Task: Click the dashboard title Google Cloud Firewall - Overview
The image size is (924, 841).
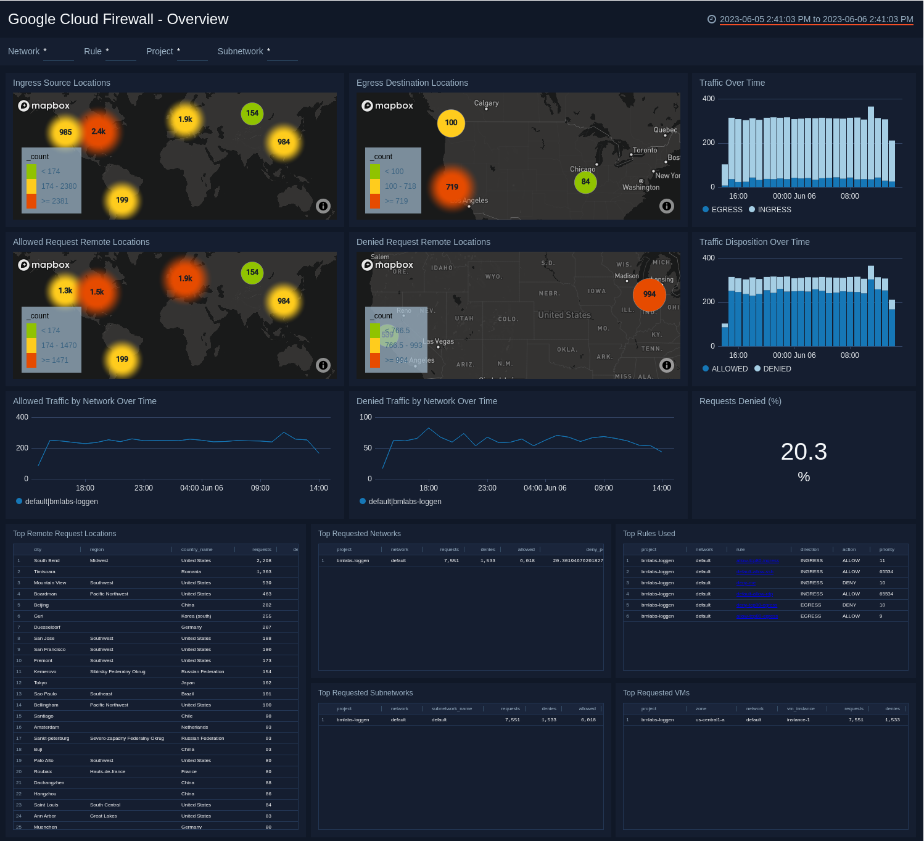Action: (x=118, y=19)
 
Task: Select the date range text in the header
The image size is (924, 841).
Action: (x=816, y=19)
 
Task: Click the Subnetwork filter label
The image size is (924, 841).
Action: (x=240, y=51)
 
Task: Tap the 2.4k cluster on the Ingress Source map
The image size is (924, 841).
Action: (x=99, y=131)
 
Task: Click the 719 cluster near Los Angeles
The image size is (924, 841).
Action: (x=452, y=187)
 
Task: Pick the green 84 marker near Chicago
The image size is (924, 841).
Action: (x=585, y=181)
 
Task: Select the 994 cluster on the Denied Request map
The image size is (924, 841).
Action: (x=650, y=294)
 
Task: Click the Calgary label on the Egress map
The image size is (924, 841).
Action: (x=486, y=103)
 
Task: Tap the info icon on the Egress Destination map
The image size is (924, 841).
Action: (x=666, y=206)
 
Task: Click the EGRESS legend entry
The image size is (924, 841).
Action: (x=726, y=210)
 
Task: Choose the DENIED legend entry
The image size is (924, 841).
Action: (x=776, y=369)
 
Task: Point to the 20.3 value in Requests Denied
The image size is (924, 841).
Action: (x=804, y=452)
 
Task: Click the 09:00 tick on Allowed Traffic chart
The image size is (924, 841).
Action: (x=260, y=488)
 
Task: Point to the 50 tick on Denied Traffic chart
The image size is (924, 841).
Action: (x=368, y=448)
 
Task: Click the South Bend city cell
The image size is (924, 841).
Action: (x=47, y=561)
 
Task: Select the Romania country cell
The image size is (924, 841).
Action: (x=191, y=572)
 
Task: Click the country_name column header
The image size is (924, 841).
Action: (x=197, y=549)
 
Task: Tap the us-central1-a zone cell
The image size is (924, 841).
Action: (x=710, y=720)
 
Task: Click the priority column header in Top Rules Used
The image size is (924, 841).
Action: (x=886, y=549)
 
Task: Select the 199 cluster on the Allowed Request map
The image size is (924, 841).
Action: (x=122, y=359)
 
